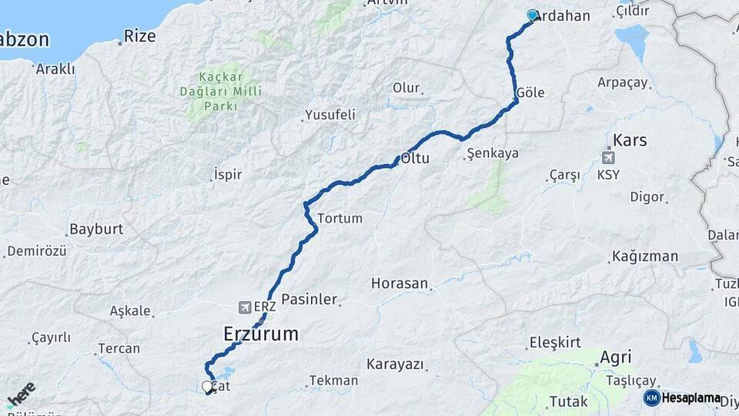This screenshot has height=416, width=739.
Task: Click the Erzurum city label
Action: (x=260, y=334)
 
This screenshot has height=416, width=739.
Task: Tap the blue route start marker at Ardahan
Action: (x=532, y=15)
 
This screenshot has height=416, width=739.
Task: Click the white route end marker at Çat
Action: (x=207, y=387)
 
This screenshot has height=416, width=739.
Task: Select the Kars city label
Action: (x=630, y=141)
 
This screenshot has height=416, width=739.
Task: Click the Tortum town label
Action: (x=339, y=218)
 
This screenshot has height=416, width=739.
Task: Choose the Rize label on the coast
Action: (x=139, y=35)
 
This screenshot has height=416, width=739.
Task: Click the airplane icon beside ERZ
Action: (x=244, y=307)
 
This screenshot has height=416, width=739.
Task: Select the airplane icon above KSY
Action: (x=609, y=158)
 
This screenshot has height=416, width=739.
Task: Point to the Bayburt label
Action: (x=95, y=229)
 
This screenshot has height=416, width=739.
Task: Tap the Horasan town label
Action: (x=399, y=283)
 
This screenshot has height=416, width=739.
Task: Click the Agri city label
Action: (x=615, y=357)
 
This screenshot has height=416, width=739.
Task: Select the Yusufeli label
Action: (x=330, y=115)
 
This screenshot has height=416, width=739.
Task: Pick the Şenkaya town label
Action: (x=493, y=153)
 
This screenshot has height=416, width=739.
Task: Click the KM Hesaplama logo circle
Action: (x=651, y=398)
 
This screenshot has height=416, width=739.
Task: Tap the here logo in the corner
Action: (x=20, y=394)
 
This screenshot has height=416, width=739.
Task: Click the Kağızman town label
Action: (x=645, y=257)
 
